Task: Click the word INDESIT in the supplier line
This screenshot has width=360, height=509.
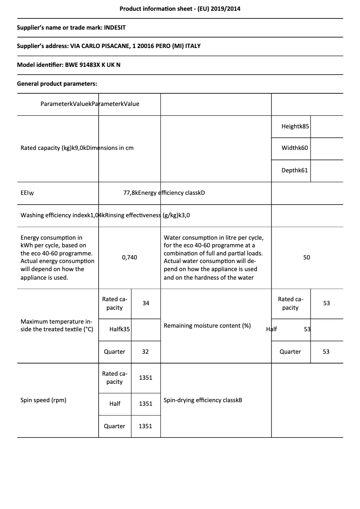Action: click(x=115, y=27)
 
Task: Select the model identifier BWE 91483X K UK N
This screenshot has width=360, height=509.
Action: click(x=93, y=65)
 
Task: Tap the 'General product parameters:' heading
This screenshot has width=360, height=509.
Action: click(x=57, y=83)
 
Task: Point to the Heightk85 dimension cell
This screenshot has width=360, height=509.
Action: click(x=295, y=127)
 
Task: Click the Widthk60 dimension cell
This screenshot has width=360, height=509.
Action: click(x=294, y=148)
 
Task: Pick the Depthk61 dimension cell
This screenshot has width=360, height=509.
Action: click(x=294, y=171)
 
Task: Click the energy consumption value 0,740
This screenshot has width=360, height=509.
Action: click(x=130, y=258)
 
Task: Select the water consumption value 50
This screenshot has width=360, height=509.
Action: click(x=307, y=258)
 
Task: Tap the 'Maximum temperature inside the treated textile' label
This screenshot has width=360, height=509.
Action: click(x=56, y=325)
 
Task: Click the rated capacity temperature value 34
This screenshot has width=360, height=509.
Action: click(x=146, y=303)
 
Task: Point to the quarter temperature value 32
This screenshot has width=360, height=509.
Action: click(x=145, y=352)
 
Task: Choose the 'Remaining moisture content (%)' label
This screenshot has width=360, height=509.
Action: click(x=207, y=326)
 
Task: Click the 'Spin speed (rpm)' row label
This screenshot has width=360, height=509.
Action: click(x=44, y=400)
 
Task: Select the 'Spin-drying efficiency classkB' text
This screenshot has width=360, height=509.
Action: click(x=203, y=400)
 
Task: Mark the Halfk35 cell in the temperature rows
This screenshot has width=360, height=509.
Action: click(x=119, y=329)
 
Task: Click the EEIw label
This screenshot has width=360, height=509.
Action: click(x=27, y=193)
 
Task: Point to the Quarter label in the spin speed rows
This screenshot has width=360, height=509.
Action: click(x=114, y=426)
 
